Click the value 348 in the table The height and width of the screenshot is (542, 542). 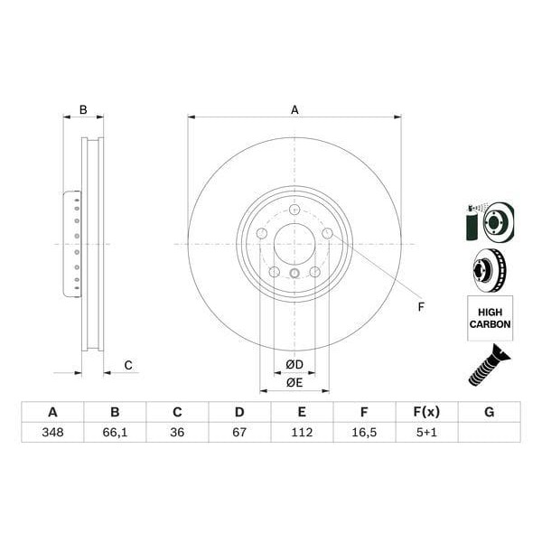pyautogui.click(x=52, y=434)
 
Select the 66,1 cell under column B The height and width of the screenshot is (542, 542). pyautogui.click(x=115, y=434)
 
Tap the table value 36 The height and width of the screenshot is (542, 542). pyautogui.click(x=177, y=434)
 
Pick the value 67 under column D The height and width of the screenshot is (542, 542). pyautogui.click(x=239, y=434)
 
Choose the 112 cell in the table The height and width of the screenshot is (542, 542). pyautogui.click(x=302, y=434)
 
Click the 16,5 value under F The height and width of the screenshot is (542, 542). pyautogui.click(x=364, y=434)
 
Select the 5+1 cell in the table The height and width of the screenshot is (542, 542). pyautogui.click(x=426, y=434)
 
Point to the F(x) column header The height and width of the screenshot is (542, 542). pyautogui.click(x=426, y=413)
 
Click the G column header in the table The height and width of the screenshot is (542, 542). pyautogui.click(x=489, y=413)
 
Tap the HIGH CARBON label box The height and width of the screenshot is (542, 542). pyautogui.click(x=490, y=317)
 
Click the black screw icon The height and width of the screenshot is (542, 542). pyautogui.click(x=489, y=365)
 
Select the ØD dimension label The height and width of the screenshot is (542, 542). pyautogui.click(x=294, y=365)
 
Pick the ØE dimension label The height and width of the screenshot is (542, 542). pyautogui.click(x=294, y=382)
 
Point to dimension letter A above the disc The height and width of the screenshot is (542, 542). pyautogui.click(x=294, y=110)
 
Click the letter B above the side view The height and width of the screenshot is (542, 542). pyautogui.click(x=83, y=110)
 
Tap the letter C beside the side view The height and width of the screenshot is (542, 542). pyautogui.click(x=128, y=365)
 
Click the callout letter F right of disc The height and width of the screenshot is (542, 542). pyautogui.click(x=420, y=308)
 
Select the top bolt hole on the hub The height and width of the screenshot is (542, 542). pyautogui.click(x=294, y=210)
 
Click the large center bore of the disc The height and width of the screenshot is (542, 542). pyautogui.click(x=294, y=244)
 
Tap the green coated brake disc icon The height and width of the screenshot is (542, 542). pyautogui.click(x=489, y=221)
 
